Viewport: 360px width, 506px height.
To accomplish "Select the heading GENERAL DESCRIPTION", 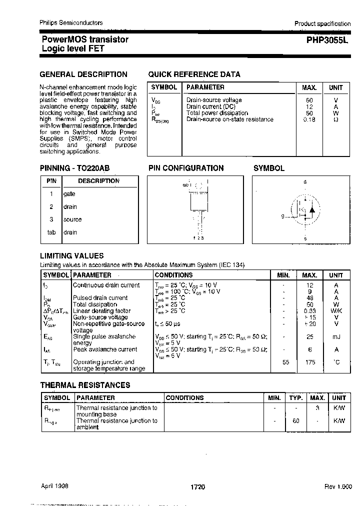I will tap(83, 74).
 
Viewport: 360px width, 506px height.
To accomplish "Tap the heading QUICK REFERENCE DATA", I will tap(194, 74).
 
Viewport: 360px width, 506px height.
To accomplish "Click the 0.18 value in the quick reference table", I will tap(309, 119).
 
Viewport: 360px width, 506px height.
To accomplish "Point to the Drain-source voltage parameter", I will tap(213, 100).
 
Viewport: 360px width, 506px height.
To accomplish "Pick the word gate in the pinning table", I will tap(69, 194).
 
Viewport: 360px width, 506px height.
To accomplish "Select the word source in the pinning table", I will tap(72, 219).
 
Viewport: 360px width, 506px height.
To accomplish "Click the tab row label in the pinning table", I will tap(51, 232).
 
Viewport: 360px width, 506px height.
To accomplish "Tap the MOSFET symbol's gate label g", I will tap(283, 216).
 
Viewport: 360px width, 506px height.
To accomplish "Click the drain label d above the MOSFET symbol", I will tap(305, 182).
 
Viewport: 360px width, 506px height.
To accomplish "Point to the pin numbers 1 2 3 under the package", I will tap(198, 237).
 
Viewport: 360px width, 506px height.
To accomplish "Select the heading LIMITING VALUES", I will tap(71, 255).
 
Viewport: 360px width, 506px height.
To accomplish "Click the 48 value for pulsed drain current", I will tap(310, 298).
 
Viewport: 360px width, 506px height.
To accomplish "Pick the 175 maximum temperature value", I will tap(310, 362).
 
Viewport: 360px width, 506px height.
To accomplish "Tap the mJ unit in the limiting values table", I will tap(336, 337).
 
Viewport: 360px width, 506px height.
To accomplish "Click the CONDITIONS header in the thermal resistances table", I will tap(184, 398).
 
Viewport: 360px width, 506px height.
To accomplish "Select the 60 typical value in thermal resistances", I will tap(295, 421).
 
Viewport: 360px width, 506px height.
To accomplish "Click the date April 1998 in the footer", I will tap(54, 486).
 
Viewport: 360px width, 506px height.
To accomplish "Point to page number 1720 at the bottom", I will tap(197, 486).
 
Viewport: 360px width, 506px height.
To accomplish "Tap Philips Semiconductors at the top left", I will tap(71, 23).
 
